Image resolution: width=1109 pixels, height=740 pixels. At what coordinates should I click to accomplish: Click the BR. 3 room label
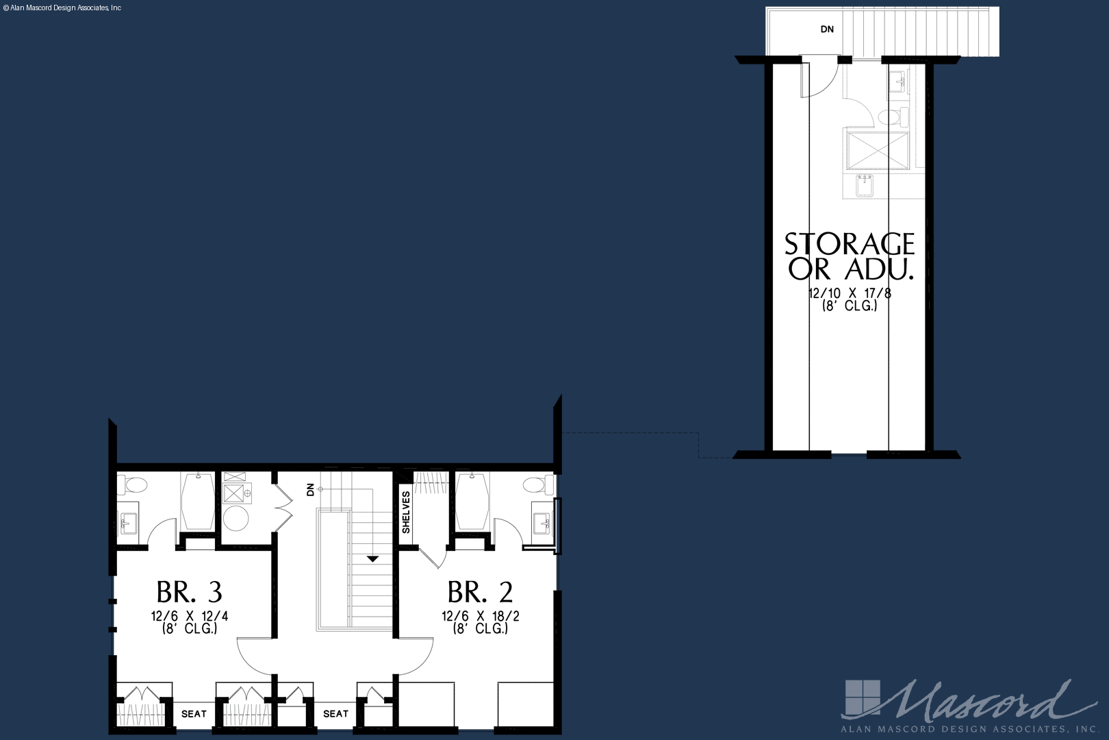(x=189, y=591)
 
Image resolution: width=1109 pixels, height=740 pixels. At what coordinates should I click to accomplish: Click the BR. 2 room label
(x=480, y=591)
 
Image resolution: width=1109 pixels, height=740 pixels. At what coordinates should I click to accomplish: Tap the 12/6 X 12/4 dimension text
(x=190, y=616)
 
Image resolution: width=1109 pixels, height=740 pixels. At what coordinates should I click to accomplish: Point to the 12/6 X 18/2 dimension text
(x=481, y=616)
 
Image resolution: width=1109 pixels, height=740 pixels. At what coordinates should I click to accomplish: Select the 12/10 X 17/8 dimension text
(x=850, y=293)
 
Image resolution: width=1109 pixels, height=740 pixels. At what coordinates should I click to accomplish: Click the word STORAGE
(x=850, y=244)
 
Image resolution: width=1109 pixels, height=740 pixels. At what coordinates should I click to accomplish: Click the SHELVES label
(x=406, y=513)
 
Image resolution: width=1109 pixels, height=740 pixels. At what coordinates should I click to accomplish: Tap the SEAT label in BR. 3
(x=194, y=714)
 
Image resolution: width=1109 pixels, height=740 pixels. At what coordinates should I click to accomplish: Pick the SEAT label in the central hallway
(x=335, y=713)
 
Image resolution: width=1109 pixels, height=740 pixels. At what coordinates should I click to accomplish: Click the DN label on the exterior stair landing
(x=827, y=29)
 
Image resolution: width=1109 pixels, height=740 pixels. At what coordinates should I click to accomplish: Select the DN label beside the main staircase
(x=310, y=490)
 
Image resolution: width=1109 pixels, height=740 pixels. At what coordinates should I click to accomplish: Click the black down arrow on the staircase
(x=372, y=559)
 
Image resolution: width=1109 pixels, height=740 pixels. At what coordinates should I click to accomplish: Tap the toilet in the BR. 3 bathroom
(x=133, y=484)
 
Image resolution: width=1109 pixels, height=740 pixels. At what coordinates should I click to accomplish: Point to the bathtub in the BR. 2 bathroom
(x=472, y=502)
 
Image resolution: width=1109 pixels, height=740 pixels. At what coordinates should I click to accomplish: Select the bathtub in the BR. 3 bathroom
(x=198, y=502)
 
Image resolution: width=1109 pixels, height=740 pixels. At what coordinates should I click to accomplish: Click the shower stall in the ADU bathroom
(x=878, y=150)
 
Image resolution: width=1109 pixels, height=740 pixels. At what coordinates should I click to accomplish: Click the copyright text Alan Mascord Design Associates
(x=62, y=8)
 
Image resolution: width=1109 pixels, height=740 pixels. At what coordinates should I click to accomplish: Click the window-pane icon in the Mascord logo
(x=863, y=698)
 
